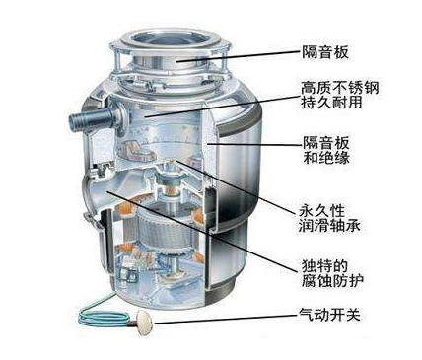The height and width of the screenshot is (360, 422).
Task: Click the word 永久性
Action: coord(319,208)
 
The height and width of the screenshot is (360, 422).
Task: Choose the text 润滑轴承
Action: coord(326,226)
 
